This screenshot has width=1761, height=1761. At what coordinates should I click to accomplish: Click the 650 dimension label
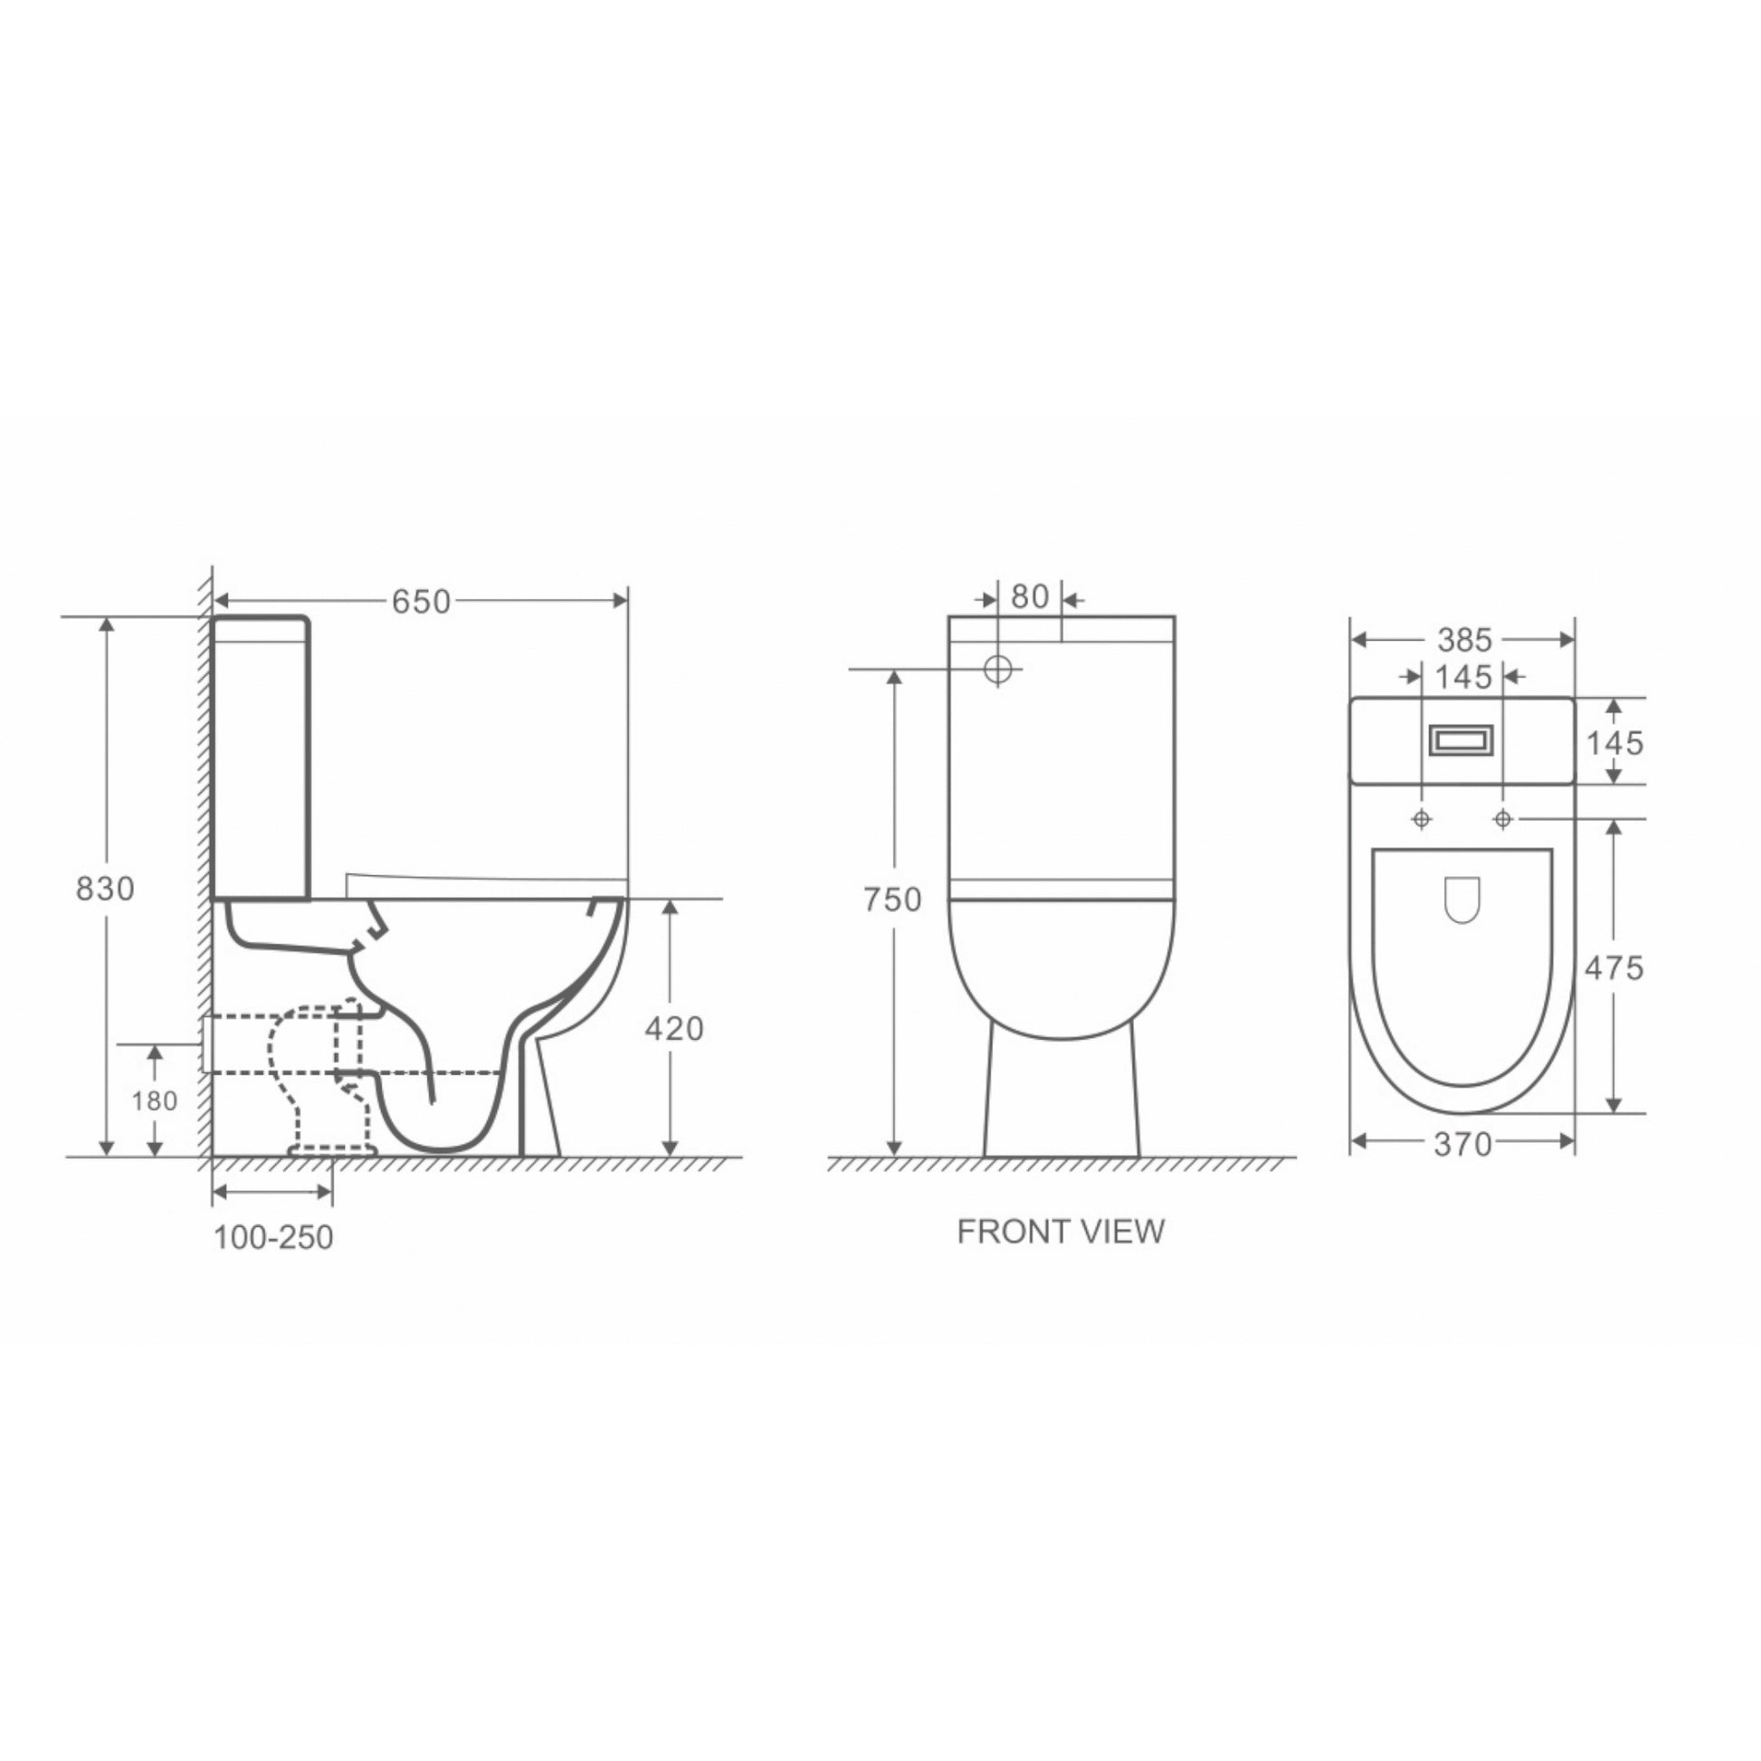[x=421, y=602]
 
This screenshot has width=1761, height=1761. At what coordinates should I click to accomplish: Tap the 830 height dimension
[x=105, y=888]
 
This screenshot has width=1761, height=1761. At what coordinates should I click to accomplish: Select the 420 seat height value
[x=673, y=1028]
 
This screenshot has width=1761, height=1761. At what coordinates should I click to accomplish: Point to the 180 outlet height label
[x=154, y=1101]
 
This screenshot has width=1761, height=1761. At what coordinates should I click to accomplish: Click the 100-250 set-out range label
[x=273, y=1237]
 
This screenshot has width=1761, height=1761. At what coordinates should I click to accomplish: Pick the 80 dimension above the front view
[x=1030, y=596]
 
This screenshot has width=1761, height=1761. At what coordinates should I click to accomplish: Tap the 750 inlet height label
[x=892, y=900]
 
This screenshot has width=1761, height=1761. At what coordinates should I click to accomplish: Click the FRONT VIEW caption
[x=1061, y=1232]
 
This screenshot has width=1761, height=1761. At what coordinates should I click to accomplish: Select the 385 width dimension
[x=1465, y=641]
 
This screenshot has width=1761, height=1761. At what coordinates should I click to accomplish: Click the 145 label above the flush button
[x=1464, y=676]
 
